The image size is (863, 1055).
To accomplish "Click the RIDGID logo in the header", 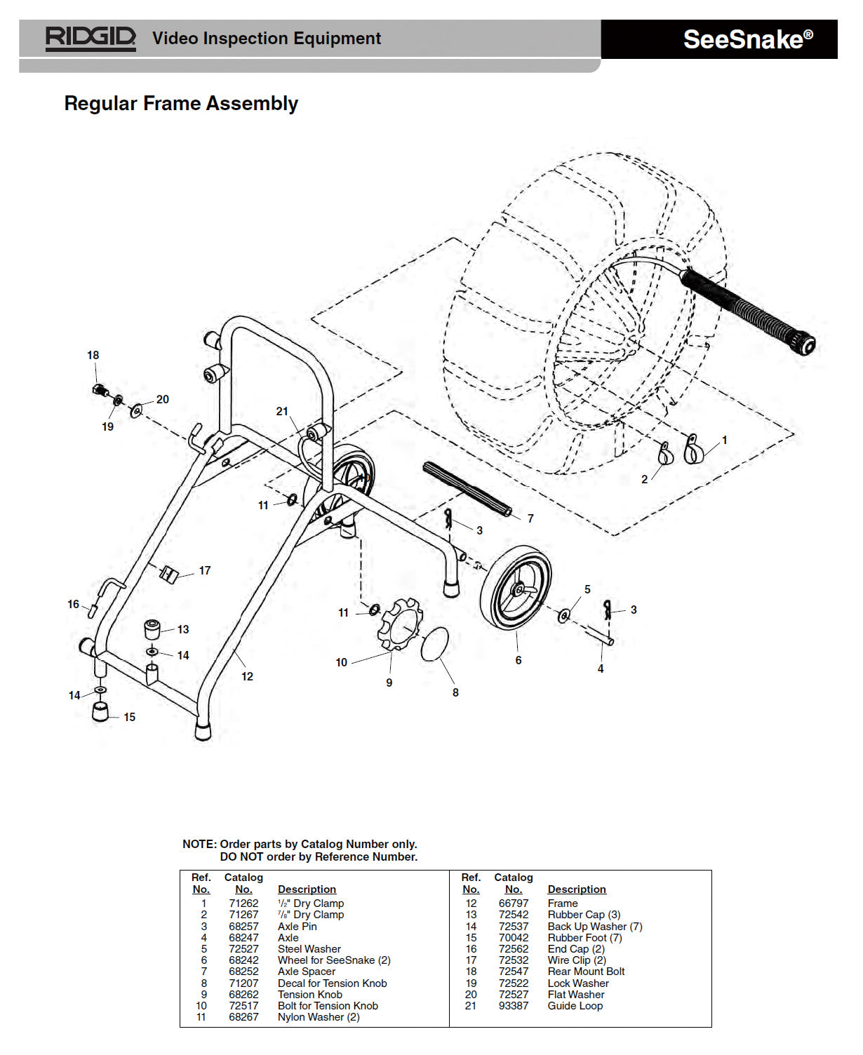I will click(90, 38).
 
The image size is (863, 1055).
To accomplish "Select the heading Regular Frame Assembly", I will click(181, 104).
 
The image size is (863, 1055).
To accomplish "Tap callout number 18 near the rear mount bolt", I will click(93, 356).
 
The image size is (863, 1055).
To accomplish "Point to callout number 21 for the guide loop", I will click(282, 412).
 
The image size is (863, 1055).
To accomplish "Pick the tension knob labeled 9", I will click(401, 625).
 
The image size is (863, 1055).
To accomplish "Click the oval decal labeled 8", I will click(434, 644).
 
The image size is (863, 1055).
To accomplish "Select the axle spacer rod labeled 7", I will click(467, 489).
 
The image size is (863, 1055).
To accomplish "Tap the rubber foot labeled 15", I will click(101, 712).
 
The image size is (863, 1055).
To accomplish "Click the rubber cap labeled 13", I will click(152, 628).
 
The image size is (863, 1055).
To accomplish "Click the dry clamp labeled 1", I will click(693, 450).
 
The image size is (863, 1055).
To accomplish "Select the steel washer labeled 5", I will click(563, 616).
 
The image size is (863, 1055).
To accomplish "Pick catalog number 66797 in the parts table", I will click(514, 903).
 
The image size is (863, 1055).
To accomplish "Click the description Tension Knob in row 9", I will click(309, 995).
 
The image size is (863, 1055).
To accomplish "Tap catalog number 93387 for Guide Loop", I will click(514, 1006).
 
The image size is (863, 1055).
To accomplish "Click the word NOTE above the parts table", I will click(199, 845).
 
